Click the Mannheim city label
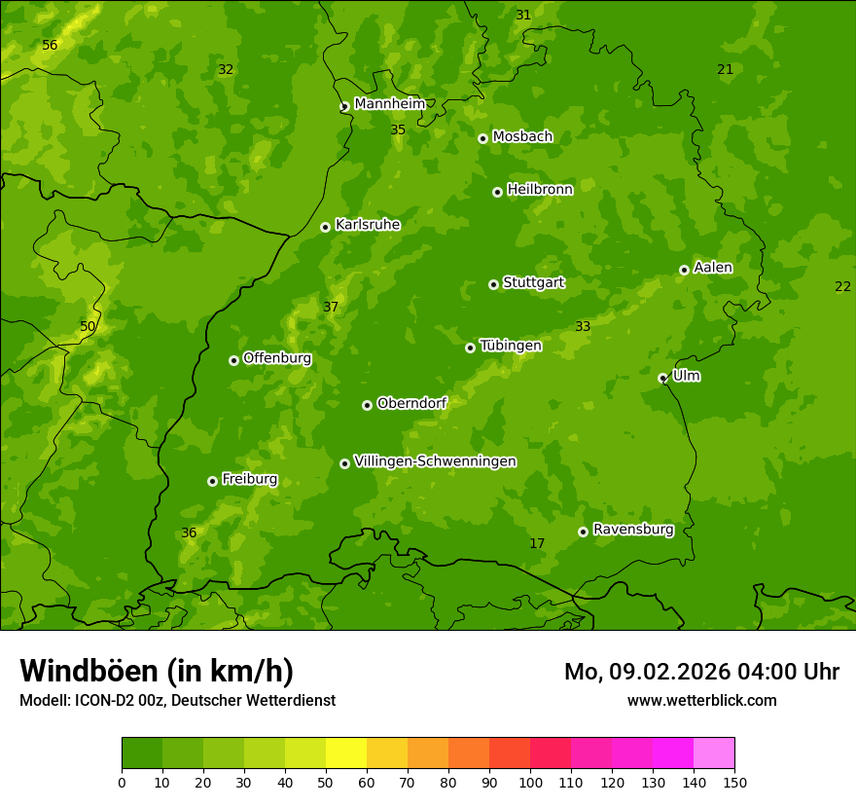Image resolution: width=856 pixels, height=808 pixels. pyautogui.click(x=389, y=104)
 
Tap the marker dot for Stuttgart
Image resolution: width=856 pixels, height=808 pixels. pyautogui.click(x=493, y=284)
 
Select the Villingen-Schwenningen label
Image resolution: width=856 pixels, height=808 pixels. pyautogui.click(x=435, y=461)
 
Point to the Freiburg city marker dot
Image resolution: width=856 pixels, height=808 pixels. pyautogui.click(x=212, y=481)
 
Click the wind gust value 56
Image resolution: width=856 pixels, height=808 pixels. pyautogui.click(x=50, y=46)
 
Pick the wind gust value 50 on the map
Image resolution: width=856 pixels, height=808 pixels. pyautogui.click(x=88, y=327)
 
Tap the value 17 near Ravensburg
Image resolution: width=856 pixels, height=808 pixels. pyautogui.click(x=537, y=543)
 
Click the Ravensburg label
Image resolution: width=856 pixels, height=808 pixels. pyautogui.click(x=632, y=530)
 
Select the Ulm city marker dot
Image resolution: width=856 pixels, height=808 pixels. pyautogui.click(x=662, y=378)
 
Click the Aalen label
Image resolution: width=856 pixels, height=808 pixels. pyautogui.click(x=712, y=268)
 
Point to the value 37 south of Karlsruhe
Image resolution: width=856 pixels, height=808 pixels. pyautogui.click(x=331, y=308)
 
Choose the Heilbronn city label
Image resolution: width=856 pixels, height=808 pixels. pyautogui.click(x=540, y=190)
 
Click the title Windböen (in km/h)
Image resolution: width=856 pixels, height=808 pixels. pyautogui.click(x=157, y=671)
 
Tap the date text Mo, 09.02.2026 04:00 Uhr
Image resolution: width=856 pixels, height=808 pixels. pyautogui.click(x=701, y=672)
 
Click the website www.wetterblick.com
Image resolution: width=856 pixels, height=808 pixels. pyautogui.click(x=701, y=700)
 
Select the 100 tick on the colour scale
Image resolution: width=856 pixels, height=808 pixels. pyautogui.click(x=530, y=781)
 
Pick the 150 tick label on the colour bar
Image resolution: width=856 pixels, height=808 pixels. pyautogui.click(x=734, y=781)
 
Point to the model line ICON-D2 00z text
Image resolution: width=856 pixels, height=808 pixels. pyautogui.click(x=177, y=700)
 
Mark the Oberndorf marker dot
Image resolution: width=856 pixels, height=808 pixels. pyautogui.click(x=367, y=405)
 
